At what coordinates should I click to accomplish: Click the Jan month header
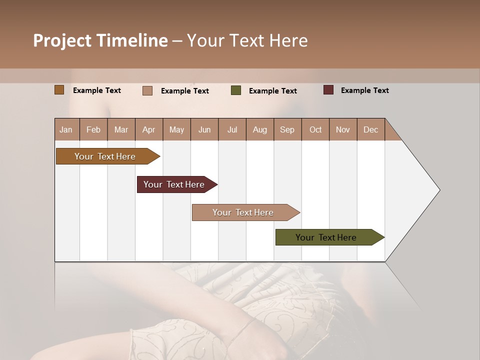point(66,129)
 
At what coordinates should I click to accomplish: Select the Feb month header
point(93,129)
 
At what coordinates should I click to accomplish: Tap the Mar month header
point(121,129)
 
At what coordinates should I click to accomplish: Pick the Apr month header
point(149,129)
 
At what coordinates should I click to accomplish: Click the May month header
point(176,129)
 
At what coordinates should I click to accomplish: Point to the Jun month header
point(204,129)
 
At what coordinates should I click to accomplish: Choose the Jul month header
point(232,129)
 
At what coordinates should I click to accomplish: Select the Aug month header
point(260,129)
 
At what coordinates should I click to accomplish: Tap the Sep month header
point(287,129)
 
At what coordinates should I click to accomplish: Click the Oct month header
point(315,129)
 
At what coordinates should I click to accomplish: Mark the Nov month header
point(343,129)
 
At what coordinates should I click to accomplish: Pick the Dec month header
point(371,129)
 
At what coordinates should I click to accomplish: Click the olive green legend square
point(236,90)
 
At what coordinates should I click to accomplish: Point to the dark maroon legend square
point(328,90)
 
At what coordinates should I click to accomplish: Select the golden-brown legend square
point(59,90)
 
